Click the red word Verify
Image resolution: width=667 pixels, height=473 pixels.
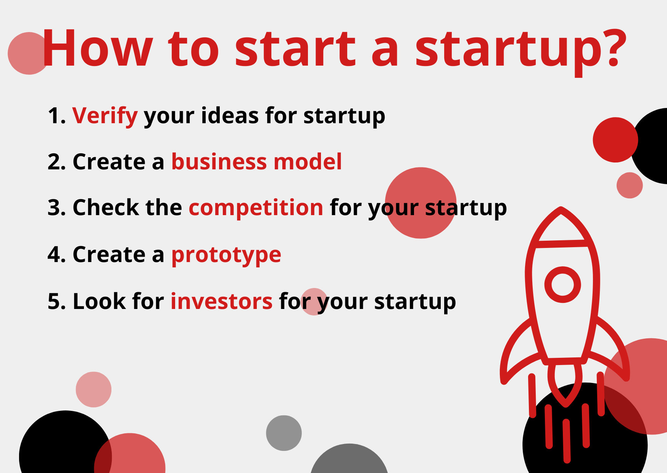tap(105, 116)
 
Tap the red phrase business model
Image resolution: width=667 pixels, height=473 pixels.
tap(256, 162)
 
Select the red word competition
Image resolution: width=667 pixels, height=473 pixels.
tap(256, 208)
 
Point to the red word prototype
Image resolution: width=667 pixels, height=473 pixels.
tap(226, 255)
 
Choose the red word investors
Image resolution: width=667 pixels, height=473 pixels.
tap(221, 301)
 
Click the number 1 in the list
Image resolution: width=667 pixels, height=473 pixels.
tap(55, 116)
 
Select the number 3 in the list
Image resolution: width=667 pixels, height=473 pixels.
tap(54, 208)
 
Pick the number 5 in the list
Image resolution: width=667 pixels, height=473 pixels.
tap(54, 301)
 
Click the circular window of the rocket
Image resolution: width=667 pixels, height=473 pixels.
tap(562, 285)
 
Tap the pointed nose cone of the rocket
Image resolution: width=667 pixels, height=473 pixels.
tap(561, 225)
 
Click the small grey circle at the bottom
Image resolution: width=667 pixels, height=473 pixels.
tap(284, 433)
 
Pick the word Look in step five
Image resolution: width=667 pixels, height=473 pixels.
tap(99, 301)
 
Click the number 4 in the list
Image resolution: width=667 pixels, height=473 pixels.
tap(54, 255)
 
